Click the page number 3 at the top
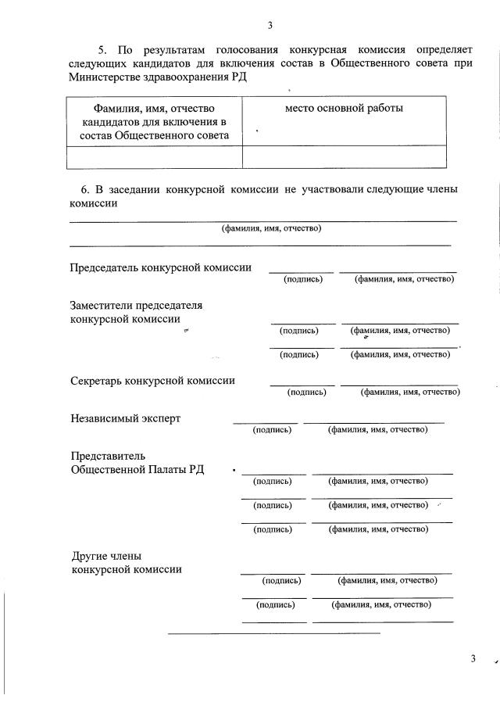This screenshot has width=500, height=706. [270, 25]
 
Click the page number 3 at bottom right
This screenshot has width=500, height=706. [473, 658]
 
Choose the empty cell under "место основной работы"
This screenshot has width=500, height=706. [345, 157]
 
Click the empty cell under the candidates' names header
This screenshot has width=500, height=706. [154, 157]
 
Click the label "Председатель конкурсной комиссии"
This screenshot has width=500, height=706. [161, 267]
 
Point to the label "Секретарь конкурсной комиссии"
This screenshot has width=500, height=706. [152, 381]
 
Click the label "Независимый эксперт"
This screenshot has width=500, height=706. [125, 418]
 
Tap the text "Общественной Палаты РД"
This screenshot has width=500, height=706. [137, 469]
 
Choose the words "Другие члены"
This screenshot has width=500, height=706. [106, 557]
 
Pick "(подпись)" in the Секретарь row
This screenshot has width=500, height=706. [306, 392]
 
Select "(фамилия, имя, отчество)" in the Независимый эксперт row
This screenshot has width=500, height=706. [377, 430]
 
